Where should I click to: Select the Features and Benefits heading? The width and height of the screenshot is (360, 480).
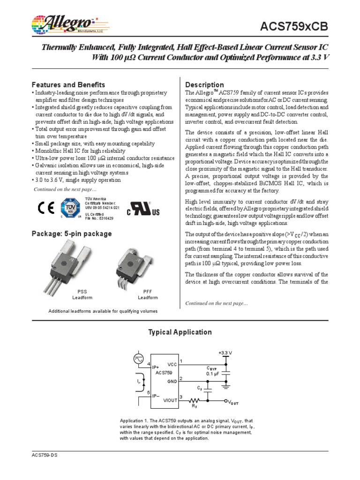click(68, 85)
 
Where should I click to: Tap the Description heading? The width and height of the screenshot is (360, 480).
click(205, 85)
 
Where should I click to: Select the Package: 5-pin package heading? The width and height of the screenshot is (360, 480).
click(71, 233)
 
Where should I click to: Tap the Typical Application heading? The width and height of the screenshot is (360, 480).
click(180, 332)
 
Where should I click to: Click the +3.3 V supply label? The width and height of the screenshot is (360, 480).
click(225, 352)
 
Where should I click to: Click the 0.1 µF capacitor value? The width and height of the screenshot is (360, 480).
click(213, 374)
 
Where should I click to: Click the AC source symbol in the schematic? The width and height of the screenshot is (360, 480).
click(139, 358)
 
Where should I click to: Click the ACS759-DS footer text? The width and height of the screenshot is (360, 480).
click(45, 456)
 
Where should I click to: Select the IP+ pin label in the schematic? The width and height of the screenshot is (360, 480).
click(156, 367)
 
